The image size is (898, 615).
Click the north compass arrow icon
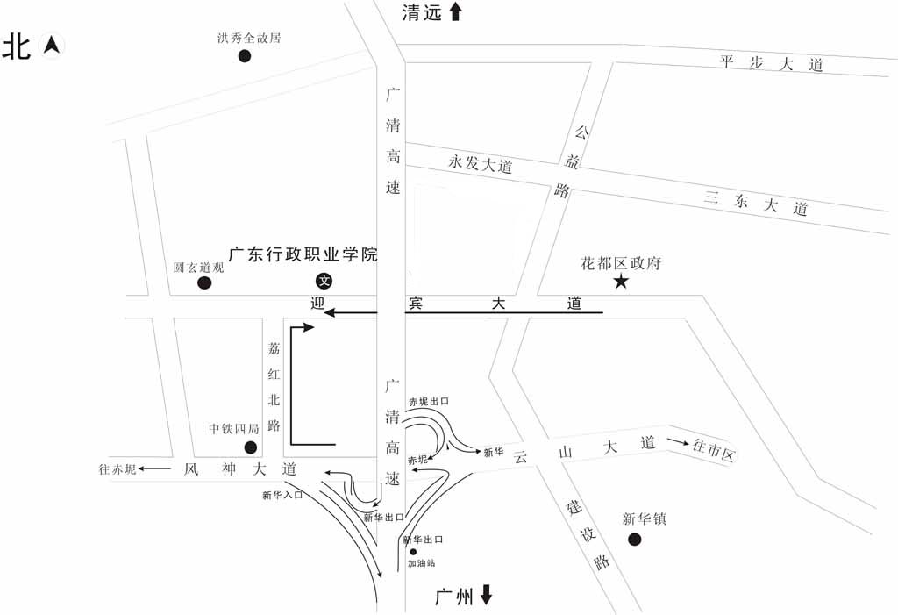pyautogui.click(x=53, y=44)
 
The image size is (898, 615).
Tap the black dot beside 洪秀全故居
pyautogui.click(x=245, y=56)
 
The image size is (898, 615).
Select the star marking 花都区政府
pyautogui.click(x=621, y=281)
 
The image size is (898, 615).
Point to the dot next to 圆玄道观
pyautogui.click(x=204, y=282)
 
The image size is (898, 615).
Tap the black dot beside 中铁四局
pyautogui.click(x=250, y=447)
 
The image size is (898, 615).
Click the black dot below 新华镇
pyautogui.click(x=635, y=539)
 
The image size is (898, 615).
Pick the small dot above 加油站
pyautogui.click(x=413, y=552)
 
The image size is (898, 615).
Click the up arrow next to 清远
pyautogui.click(x=455, y=11)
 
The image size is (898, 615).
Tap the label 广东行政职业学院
pyautogui.click(x=303, y=255)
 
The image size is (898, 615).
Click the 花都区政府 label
pyautogui.click(x=621, y=263)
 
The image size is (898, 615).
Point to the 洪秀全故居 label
pyautogui.click(x=249, y=38)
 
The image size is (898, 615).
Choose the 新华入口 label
pyautogui.click(x=282, y=495)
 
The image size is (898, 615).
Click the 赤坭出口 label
pyautogui.click(x=429, y=401)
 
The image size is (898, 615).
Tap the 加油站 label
pyautogui.click(x=421, y=563)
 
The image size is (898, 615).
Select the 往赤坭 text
pyautogui.click(x=118, y=469)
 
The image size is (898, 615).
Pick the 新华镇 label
pyautogui.click(x=645, y=518)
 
